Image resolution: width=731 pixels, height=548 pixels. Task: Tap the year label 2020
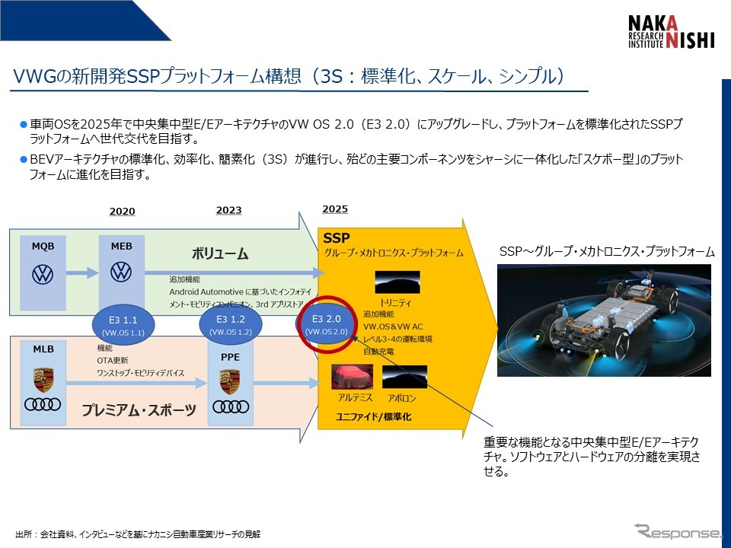[x=122, y=211]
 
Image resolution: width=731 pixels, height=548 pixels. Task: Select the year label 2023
[x=228, y=211]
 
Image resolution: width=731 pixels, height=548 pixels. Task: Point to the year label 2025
[x=335, y=209]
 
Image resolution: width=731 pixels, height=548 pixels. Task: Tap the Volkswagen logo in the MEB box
[x=122, y=272]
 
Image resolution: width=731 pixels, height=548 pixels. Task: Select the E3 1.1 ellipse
[x=122, y=325]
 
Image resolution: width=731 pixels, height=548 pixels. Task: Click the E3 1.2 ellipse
[x=230, y=325]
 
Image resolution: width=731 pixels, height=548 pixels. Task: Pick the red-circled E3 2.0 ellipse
[x=326, y=325]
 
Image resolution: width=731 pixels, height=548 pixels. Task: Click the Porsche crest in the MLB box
[x=43, y=379]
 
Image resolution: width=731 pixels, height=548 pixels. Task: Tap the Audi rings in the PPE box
[x=230, y=407]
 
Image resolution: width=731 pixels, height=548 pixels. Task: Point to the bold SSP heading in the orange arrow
[x=337, y=237]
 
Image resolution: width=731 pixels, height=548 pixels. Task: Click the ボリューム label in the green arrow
[x=220, y=253]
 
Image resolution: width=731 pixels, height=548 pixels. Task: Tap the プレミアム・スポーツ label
[x=139, y=411]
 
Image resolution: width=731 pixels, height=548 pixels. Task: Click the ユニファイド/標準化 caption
[x=374, y=418]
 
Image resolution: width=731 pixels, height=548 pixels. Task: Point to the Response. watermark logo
[x=676, y=530]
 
